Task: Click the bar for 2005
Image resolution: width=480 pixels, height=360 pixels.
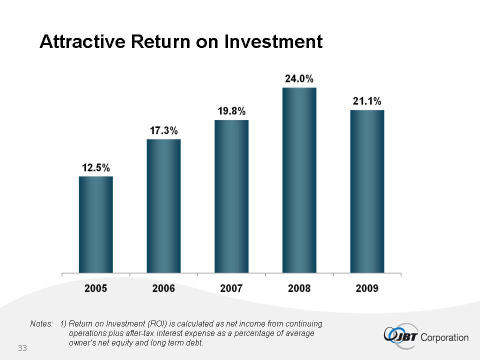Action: [x=96, y=224]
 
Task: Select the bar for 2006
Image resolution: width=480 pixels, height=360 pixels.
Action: [x=163, y=206]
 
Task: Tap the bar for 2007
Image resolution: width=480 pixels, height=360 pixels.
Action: [x=231, y=196]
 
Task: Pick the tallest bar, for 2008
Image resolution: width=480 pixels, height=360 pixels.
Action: [x=299, y=180]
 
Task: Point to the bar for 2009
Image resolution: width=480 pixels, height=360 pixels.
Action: [x=367, y=191]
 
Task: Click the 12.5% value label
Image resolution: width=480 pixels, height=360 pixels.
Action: [x=96, y=168]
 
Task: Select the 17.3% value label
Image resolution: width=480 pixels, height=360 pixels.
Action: [x=164, y=131]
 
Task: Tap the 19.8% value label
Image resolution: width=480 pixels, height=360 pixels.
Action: [x=231, y=111]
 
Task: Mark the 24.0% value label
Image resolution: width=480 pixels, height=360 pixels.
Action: [x=299, y=79]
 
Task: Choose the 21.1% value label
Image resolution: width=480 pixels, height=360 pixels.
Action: [x=367, y=101]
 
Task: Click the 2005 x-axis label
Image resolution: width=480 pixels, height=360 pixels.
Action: [x=96, y=288]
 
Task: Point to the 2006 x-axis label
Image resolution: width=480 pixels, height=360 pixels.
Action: [x=163, y=288]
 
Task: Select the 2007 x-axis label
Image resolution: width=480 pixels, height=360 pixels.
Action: [x=231, y=288]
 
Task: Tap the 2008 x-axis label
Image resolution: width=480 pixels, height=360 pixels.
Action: [x=299, y=288]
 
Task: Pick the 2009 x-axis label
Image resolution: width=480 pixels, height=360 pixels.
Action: [x=367, y=288]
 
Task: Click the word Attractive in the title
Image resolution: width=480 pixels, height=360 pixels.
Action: [x=82, y=41]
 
